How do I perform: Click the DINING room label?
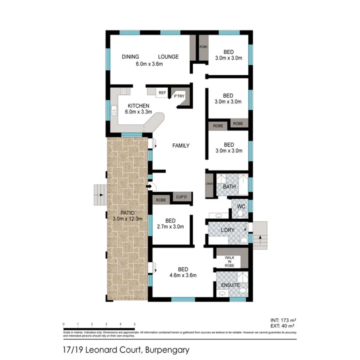point(131,57)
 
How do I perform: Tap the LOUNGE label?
point(168,57)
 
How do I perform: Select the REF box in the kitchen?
point(162,93)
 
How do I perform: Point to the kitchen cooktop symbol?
point(124,92)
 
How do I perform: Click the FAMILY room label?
point(181,146)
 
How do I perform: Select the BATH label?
point(229,187)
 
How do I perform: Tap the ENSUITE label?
point(231,285)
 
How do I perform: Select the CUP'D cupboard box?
point(181,197)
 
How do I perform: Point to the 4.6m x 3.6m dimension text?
point(183,275)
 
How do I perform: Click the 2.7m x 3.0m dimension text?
point(170,227)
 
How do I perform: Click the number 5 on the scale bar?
point(134,324)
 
